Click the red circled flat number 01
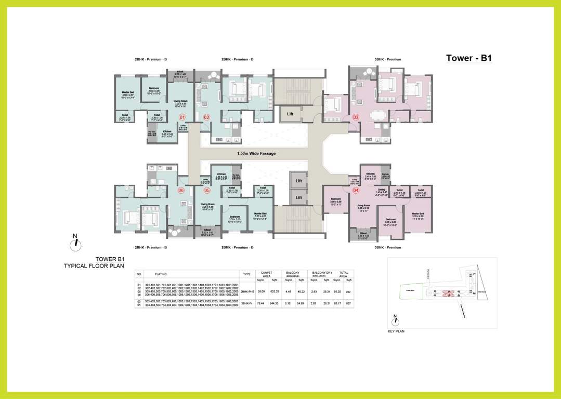click(x=182, y=117)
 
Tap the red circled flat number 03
click(x=356, y=117)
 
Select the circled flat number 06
click(x=181, y=190)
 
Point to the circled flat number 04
click(x=356, y=190)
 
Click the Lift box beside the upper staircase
click(x=291, y=113)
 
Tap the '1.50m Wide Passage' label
click(x=256, y=153)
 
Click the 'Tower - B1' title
click(x=468, y=58)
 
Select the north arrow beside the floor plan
click(x=75, y=242)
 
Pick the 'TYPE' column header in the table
click(x=246, y=274)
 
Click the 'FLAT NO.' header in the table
click(x=161, y=274)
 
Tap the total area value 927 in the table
click(x=349, y=303)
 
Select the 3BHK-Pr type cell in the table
click(x=246, y=303)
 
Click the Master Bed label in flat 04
click(x=418, y=214)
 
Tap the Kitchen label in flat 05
click(x=221, y=174)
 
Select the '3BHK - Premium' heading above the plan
click(x=388, y=59)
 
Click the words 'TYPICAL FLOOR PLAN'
click(x=94, y=265)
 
